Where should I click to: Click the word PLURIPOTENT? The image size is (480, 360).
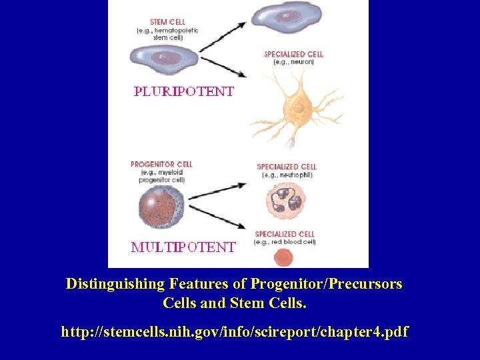click(184, 91)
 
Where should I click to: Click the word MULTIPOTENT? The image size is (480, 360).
click(183, 247)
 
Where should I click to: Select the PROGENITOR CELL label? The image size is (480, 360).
click(161, 164)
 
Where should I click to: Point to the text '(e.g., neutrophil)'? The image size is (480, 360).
click(287, 175)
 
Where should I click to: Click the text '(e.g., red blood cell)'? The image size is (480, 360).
click(285, 242)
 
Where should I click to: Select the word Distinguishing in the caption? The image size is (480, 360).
click(115, 284)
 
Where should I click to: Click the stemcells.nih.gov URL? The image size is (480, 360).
click(234, 331)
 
